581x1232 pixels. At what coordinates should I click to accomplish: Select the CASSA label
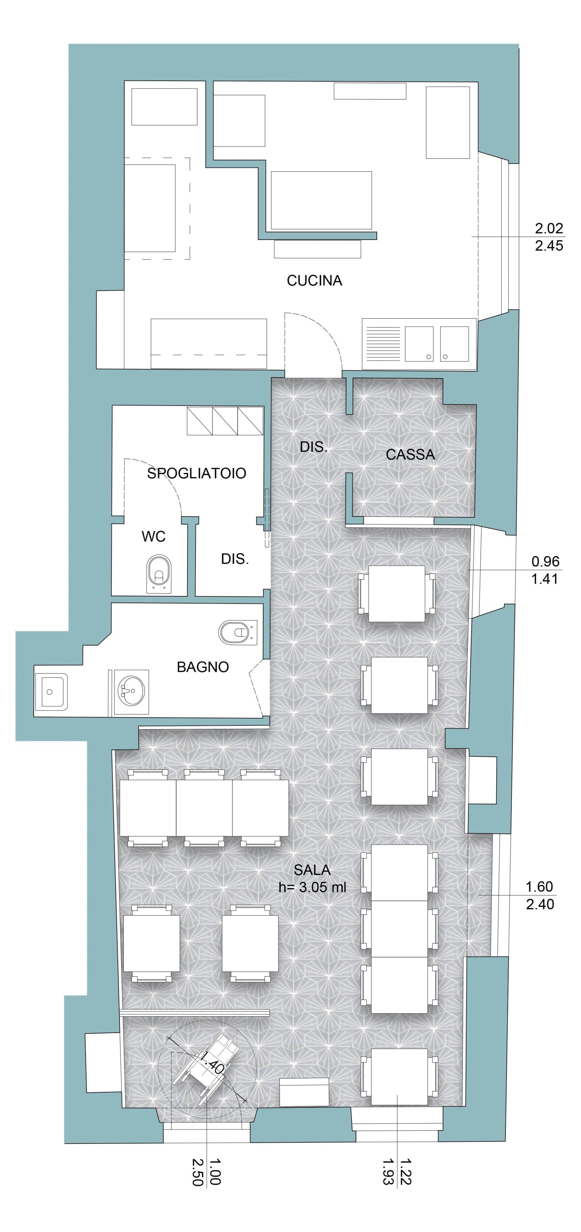(x=410, y=454)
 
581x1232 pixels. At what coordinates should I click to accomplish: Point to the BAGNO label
(x=203, y=667)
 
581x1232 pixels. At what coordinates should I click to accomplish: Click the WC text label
(x=153, y=537)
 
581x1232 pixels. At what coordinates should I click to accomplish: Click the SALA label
(x=312, y=870)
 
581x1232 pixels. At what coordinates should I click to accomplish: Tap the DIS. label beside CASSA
(x=314, y=447)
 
